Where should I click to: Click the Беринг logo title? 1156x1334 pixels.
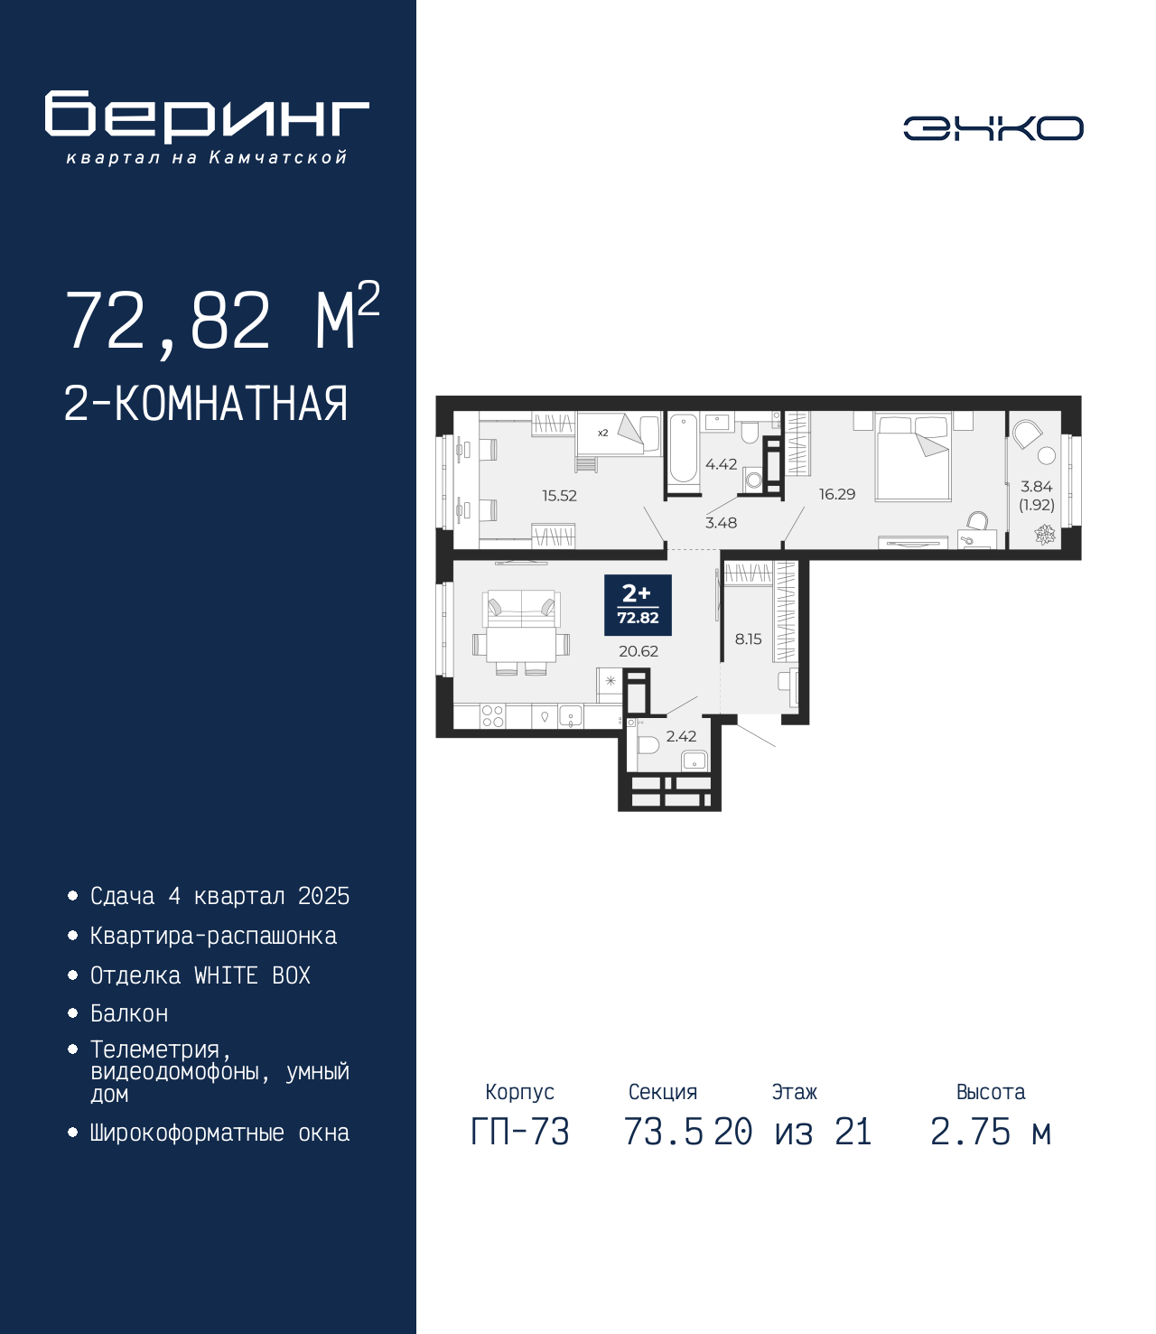click(x=207, y=117)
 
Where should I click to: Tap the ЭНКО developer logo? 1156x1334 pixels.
click(x=993, y=127)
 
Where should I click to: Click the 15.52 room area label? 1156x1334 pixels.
click(x=559, y=496)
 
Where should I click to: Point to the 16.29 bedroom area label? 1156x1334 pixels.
click(x=836, y=494)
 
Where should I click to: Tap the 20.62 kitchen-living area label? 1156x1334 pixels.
click(x=639, y=651)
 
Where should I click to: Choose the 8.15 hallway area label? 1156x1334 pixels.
click(x=748, y=639)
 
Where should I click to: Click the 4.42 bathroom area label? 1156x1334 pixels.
click(x=721, y=464)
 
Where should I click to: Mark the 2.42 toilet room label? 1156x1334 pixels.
click(x=681, y=736)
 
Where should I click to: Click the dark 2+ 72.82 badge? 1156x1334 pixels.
click(x=638, y=605)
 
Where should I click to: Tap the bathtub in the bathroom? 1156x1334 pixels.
click(x=683, y=449)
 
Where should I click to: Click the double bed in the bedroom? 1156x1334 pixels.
click(x=913, y=458)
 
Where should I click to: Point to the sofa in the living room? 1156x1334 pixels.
click(x=521, y=608)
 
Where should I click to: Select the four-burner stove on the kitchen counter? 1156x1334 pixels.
click(x=493, y=716)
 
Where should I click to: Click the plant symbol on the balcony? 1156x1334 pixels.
click(x=1044, y=534)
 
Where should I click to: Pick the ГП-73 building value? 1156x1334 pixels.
click(x=519, y=1132)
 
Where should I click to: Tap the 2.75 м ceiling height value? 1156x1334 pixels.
click(x=991, y=1132)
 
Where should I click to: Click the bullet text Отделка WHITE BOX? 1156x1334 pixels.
click(x=200, y=975)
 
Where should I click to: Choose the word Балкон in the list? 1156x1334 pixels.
click(x=129, y=1014)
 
